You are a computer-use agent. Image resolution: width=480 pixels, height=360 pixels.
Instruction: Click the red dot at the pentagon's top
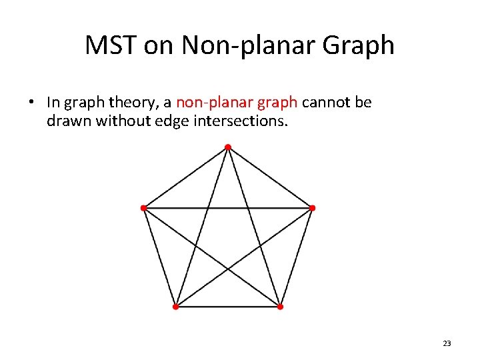pos(227,147)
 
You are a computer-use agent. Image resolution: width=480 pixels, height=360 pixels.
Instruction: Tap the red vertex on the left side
pos(143,208)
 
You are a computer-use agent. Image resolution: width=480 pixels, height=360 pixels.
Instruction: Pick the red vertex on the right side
pos(312,208)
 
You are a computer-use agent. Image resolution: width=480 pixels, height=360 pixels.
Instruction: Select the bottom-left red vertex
pos(175,307)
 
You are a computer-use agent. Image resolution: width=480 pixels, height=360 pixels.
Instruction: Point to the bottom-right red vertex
pos(280,307)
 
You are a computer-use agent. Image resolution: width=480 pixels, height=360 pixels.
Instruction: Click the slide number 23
pos(447,343)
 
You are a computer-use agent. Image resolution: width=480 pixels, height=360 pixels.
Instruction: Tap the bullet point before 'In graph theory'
pos(31,103)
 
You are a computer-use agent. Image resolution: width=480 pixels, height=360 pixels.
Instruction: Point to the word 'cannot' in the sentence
pos(329,103)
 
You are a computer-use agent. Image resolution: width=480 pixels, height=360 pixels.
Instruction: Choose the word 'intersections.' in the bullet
pos(248,121)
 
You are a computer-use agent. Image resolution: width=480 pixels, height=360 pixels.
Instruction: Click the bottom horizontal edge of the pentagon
pos(227,307)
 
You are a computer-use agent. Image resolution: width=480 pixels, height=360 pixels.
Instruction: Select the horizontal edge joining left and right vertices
pos(200,208)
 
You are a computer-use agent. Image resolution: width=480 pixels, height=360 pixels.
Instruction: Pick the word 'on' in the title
pos(156,45)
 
